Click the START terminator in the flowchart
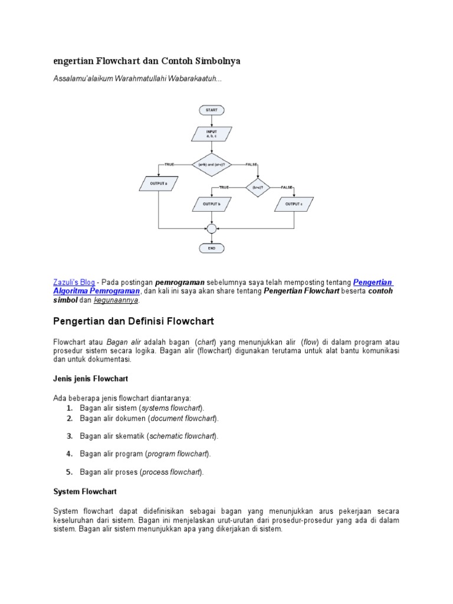coord(211,110)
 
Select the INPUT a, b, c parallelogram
coord(211,134)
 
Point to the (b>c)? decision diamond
coord(257,187)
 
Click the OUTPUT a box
coord(158,183)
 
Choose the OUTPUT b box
coord(211,204)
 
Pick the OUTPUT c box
coord(294,204)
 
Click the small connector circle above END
coord(211,228)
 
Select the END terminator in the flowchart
coord(211,248)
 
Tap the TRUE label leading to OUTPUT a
coord(169,164)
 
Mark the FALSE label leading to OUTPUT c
coord(287,187)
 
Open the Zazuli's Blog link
coord(74,283)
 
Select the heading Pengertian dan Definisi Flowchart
coord(133,321)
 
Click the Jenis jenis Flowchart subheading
coord(91,378)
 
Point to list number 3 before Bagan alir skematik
coord(69,436)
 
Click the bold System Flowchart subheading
coord(85,491)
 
